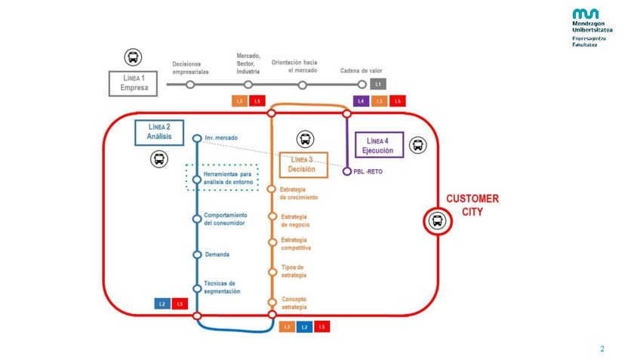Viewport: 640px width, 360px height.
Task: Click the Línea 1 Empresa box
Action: (134, 83)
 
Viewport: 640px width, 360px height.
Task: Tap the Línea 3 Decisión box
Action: (302, 165)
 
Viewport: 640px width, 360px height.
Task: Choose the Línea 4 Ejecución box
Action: (379, 146)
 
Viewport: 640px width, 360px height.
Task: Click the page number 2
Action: (602, 349)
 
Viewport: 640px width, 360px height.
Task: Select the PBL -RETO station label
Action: (368, 172)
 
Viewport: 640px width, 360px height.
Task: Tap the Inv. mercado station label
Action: (221, 138)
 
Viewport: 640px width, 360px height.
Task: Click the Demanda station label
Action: (217, 255)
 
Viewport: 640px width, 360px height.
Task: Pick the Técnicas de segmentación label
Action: (222, 288)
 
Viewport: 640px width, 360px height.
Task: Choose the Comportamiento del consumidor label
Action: (225, 219)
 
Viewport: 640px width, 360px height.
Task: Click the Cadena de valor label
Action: (361, 71)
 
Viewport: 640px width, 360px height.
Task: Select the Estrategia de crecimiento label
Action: (299, 193)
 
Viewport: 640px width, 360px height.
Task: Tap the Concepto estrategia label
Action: (294, 303)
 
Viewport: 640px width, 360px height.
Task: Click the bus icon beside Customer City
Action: (437, 221)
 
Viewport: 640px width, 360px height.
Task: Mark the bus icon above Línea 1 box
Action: (133, 57)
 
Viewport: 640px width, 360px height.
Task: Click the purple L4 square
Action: (361, 101)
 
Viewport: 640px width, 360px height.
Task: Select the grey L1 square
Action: (379, 85)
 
